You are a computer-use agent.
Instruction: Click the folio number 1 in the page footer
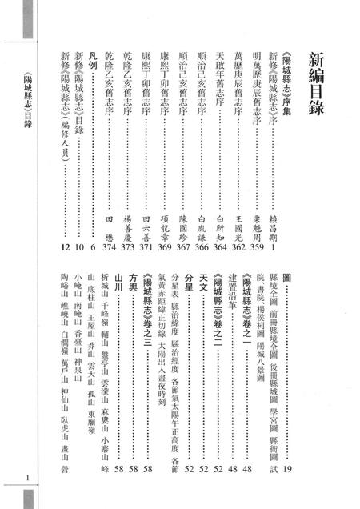point(27,479)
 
